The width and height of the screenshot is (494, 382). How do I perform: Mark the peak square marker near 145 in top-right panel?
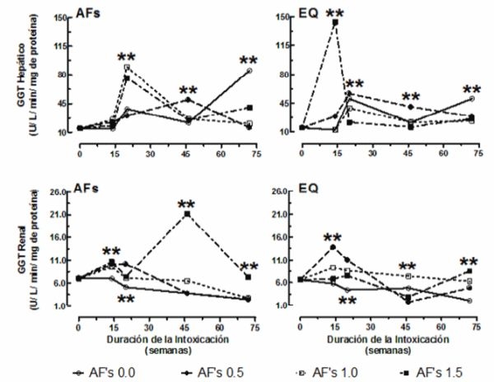[335, 23]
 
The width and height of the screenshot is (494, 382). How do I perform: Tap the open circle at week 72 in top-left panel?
[249, 71]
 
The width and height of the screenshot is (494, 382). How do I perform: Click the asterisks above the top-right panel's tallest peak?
[335, 13]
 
